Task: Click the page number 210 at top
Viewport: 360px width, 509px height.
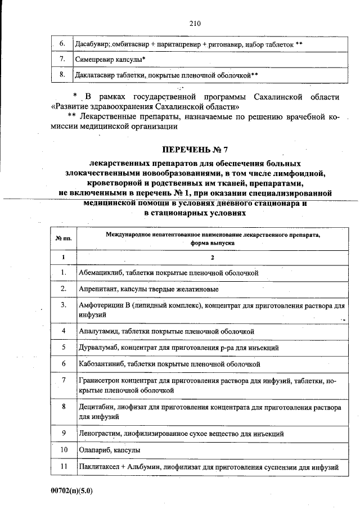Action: [x=195, y=23]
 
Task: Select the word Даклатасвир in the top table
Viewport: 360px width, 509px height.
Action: [x=94, y=74]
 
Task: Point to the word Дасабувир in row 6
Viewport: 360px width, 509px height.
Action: [x=92, y=43]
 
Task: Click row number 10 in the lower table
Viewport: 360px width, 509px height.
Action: [x=64, y=450]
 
